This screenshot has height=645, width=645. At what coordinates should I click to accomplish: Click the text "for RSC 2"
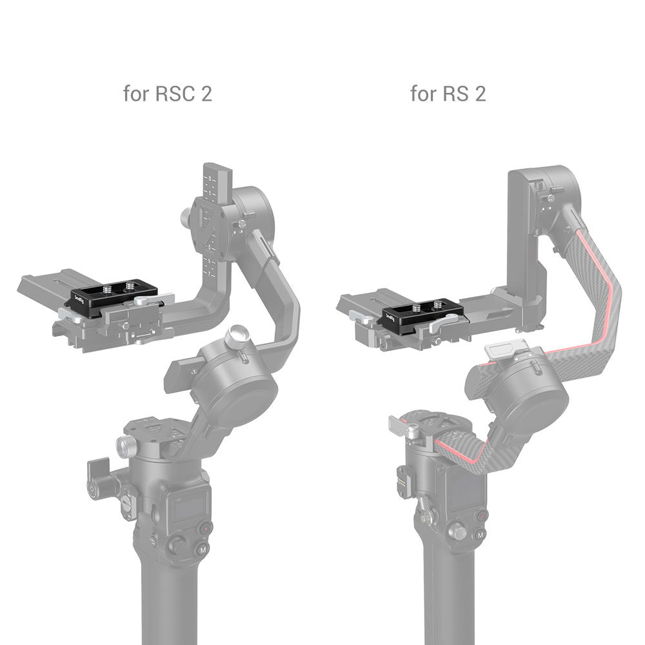(x=167, y=94)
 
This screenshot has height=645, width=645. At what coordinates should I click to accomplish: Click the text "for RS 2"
(x=448, y=94)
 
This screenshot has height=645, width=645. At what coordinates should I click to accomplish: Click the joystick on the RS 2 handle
(x=457, y=533)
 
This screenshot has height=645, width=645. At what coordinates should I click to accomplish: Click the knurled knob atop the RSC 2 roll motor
(x=236, y=335)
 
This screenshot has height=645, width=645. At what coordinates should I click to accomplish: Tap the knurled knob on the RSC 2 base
(x=126, y=445)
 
